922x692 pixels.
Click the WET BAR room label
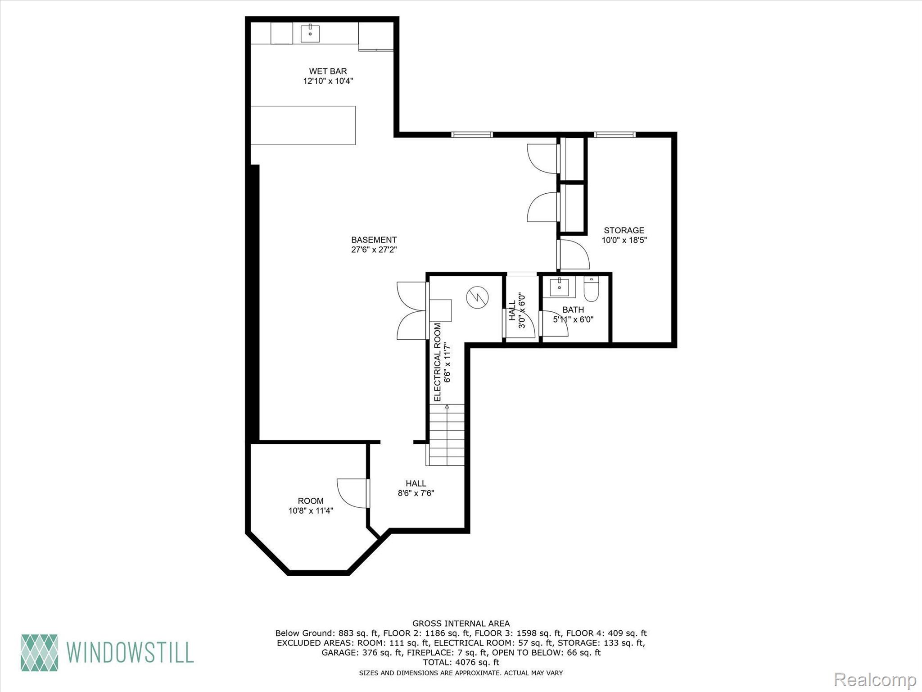[328, 71]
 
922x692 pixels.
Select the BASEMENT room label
[374, 240]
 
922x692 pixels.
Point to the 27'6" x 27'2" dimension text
[374, 250]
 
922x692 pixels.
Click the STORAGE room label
[624, 230]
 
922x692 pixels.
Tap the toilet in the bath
[591, 289]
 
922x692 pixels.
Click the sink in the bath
[560, 287]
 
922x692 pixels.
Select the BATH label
[573, 310]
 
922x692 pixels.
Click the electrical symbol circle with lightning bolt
[477, 297]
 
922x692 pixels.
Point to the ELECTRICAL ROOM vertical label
[438, 362]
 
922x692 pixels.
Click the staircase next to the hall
[446, 435]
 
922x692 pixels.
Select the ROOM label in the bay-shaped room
[311, 501]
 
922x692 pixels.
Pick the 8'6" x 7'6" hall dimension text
[416, 493]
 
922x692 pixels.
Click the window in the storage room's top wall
[615, 134]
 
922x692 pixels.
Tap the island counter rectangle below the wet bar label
[303, 125]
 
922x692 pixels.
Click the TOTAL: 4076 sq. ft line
[461, 662]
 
